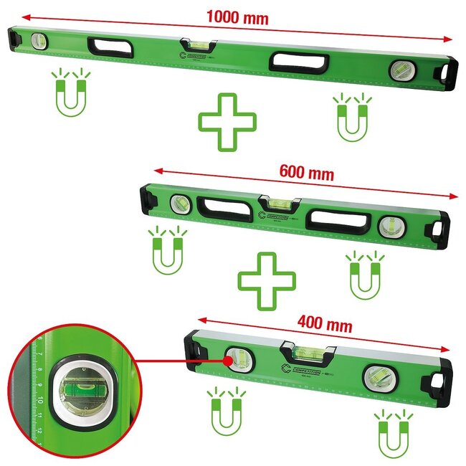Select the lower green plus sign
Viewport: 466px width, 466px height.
267,281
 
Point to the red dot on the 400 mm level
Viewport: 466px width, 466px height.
228,361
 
